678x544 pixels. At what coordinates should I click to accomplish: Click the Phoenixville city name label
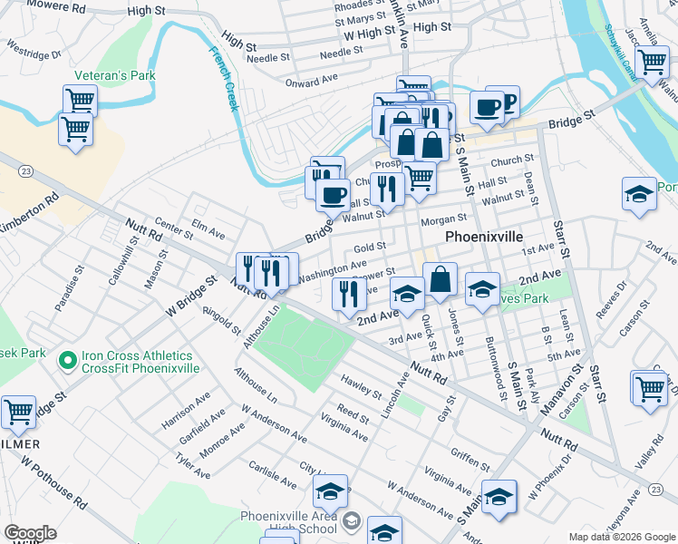(484, 236)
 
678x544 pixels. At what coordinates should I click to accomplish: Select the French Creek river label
(222, 79)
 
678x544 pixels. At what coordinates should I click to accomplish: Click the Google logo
(30, 533)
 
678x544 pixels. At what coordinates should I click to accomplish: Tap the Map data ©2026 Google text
(621, 537)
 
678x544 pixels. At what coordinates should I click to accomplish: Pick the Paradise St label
(69, 289)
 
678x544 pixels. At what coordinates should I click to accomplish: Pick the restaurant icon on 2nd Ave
(345, 293)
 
